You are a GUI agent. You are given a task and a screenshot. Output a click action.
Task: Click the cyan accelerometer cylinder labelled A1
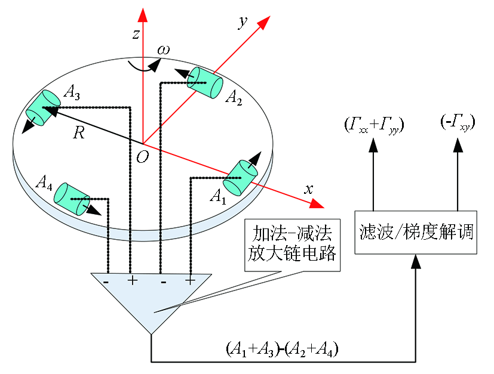tap(240, 178)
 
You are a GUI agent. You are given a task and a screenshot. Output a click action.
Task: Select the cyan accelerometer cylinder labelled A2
tap(205, 82)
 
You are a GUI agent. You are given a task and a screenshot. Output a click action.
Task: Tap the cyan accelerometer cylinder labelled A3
tap(43, 108)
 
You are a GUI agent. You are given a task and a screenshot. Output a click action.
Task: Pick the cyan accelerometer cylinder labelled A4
tap(72, 199)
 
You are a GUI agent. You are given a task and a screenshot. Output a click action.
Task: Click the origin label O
tap(142, 157)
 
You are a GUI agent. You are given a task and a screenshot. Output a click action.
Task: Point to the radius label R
tap(79, 133)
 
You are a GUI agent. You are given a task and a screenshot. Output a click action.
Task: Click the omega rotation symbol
tap(164, 50)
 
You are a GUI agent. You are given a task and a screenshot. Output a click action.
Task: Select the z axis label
tap(136, 34)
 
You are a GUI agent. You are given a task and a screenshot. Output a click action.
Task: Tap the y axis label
tap(243, 22)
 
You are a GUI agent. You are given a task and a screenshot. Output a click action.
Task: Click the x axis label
tap(308, 189)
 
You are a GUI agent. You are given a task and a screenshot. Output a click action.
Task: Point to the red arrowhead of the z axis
tap(143, 15)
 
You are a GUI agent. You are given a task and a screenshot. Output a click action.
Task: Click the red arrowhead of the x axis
tap(317, 204)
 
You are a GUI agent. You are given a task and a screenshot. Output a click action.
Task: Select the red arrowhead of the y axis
tap(264, 23)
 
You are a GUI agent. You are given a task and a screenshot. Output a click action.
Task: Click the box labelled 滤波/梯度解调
tap(416, 233)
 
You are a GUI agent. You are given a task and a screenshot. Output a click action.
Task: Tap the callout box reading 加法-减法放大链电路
tap(293, 245)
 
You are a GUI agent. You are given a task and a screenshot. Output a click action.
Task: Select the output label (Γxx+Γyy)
tap(374, 125)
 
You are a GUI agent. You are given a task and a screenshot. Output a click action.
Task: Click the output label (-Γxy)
tap(458, 122)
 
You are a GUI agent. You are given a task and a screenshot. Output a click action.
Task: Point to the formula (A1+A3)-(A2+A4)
tap(283, 349)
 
